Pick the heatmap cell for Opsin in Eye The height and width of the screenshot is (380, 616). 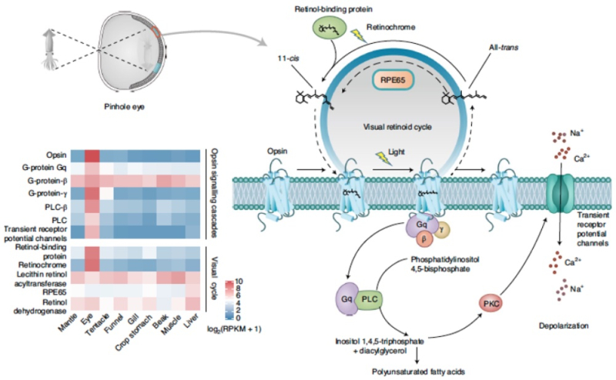(x=94, y=154)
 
